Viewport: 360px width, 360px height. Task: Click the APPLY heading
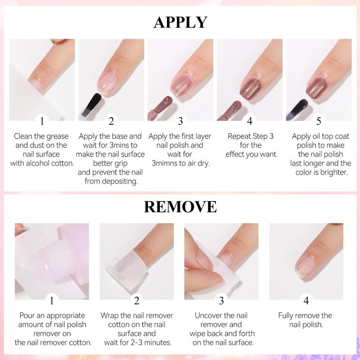[x=180, y=22]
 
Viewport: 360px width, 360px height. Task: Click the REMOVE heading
[x=180, y=207]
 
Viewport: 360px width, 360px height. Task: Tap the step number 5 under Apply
[x=319, y=121]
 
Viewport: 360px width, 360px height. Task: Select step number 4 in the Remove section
[x=306, y=301]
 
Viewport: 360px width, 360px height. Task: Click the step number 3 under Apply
[x=180, y=121]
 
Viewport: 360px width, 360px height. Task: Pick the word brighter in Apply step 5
[x=334, y=172]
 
